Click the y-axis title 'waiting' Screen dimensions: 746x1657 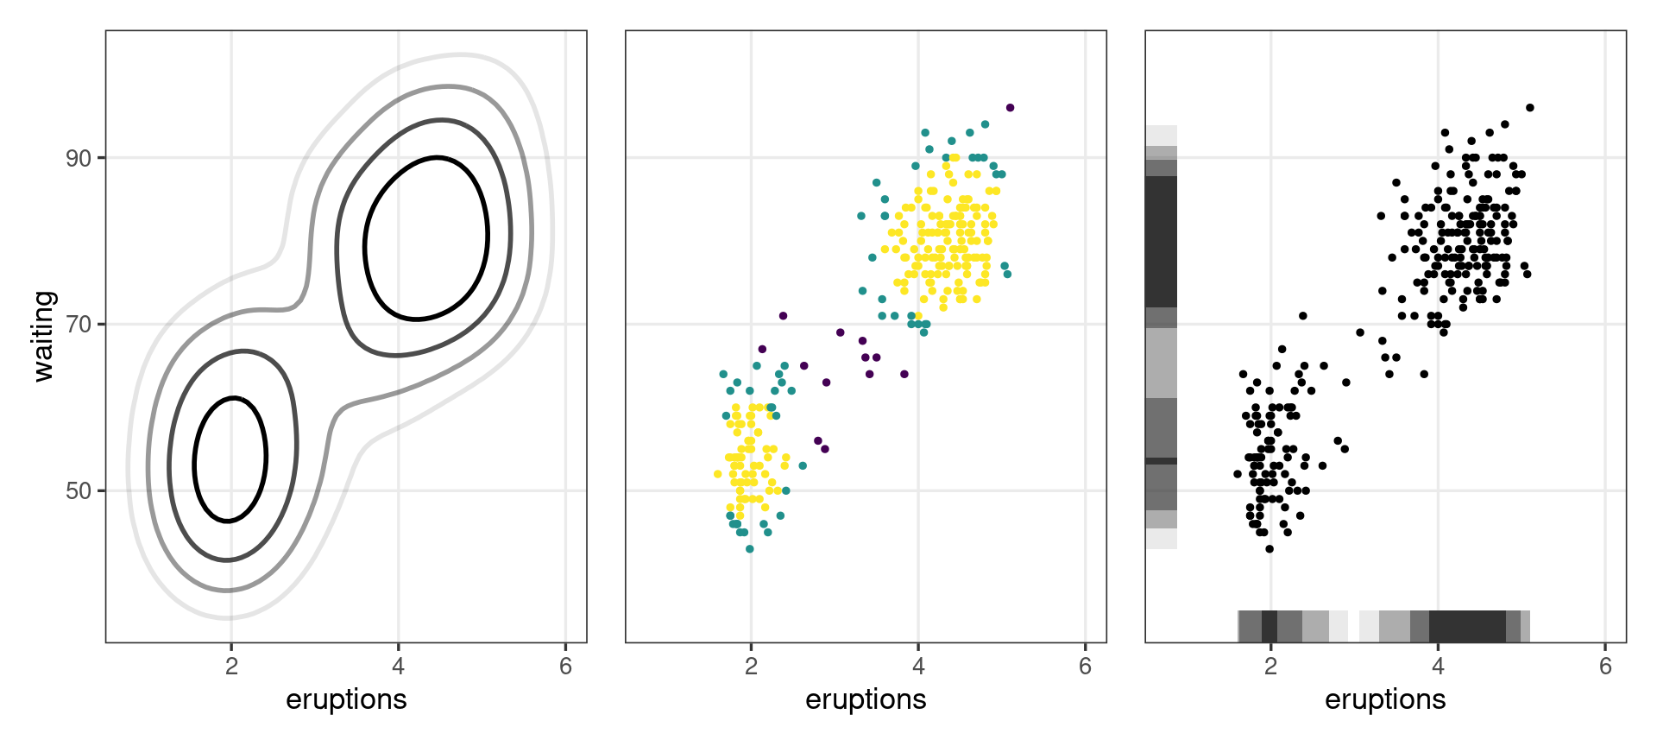43,336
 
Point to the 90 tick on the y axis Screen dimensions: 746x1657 79,158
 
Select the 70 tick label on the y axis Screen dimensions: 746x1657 79,325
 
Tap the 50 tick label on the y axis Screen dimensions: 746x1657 79,490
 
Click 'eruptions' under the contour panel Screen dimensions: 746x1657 346,699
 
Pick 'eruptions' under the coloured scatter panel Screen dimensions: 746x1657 866,699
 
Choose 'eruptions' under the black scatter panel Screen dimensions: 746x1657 1385,699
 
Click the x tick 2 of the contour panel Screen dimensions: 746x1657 230,667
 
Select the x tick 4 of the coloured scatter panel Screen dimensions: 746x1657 918,667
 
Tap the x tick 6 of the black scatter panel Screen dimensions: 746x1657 1604,667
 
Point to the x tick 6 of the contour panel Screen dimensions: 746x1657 565,667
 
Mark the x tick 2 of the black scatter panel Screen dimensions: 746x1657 1270,667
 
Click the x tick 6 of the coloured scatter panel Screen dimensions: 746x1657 1085,667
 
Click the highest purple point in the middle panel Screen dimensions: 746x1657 1010,108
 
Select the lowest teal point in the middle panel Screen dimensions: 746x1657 749,549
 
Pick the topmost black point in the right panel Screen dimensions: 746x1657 1529,108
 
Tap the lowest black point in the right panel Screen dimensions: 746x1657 1269,549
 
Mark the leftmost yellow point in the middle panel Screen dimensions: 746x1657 718,474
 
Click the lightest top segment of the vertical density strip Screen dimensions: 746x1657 1162,136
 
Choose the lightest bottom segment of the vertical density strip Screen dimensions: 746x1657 1162,539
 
